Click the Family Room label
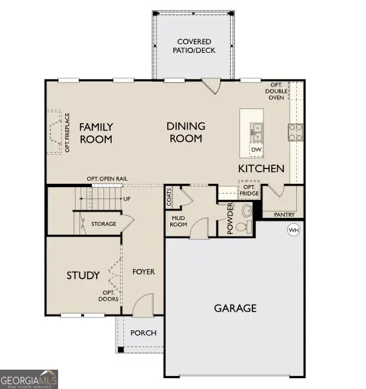tap(96, 133)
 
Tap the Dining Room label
tap(186, 132)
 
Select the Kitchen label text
tap(261, 168)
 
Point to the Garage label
tap(235, 308)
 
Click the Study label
tap(83, 275)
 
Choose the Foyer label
tap(143, 272)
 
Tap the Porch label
tap(143, 333)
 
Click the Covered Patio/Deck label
tap(196, 46)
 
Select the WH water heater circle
tap(294, 230)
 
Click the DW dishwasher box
tap(256, 150)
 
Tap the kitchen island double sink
tap(257, 132)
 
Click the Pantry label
tap(284, 214)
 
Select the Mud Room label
tap(178, 222)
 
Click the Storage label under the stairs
tap(103, 224)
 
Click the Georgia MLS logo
tap(29, 378)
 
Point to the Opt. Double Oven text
tap(276, 92)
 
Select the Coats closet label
tap(170, 195)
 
